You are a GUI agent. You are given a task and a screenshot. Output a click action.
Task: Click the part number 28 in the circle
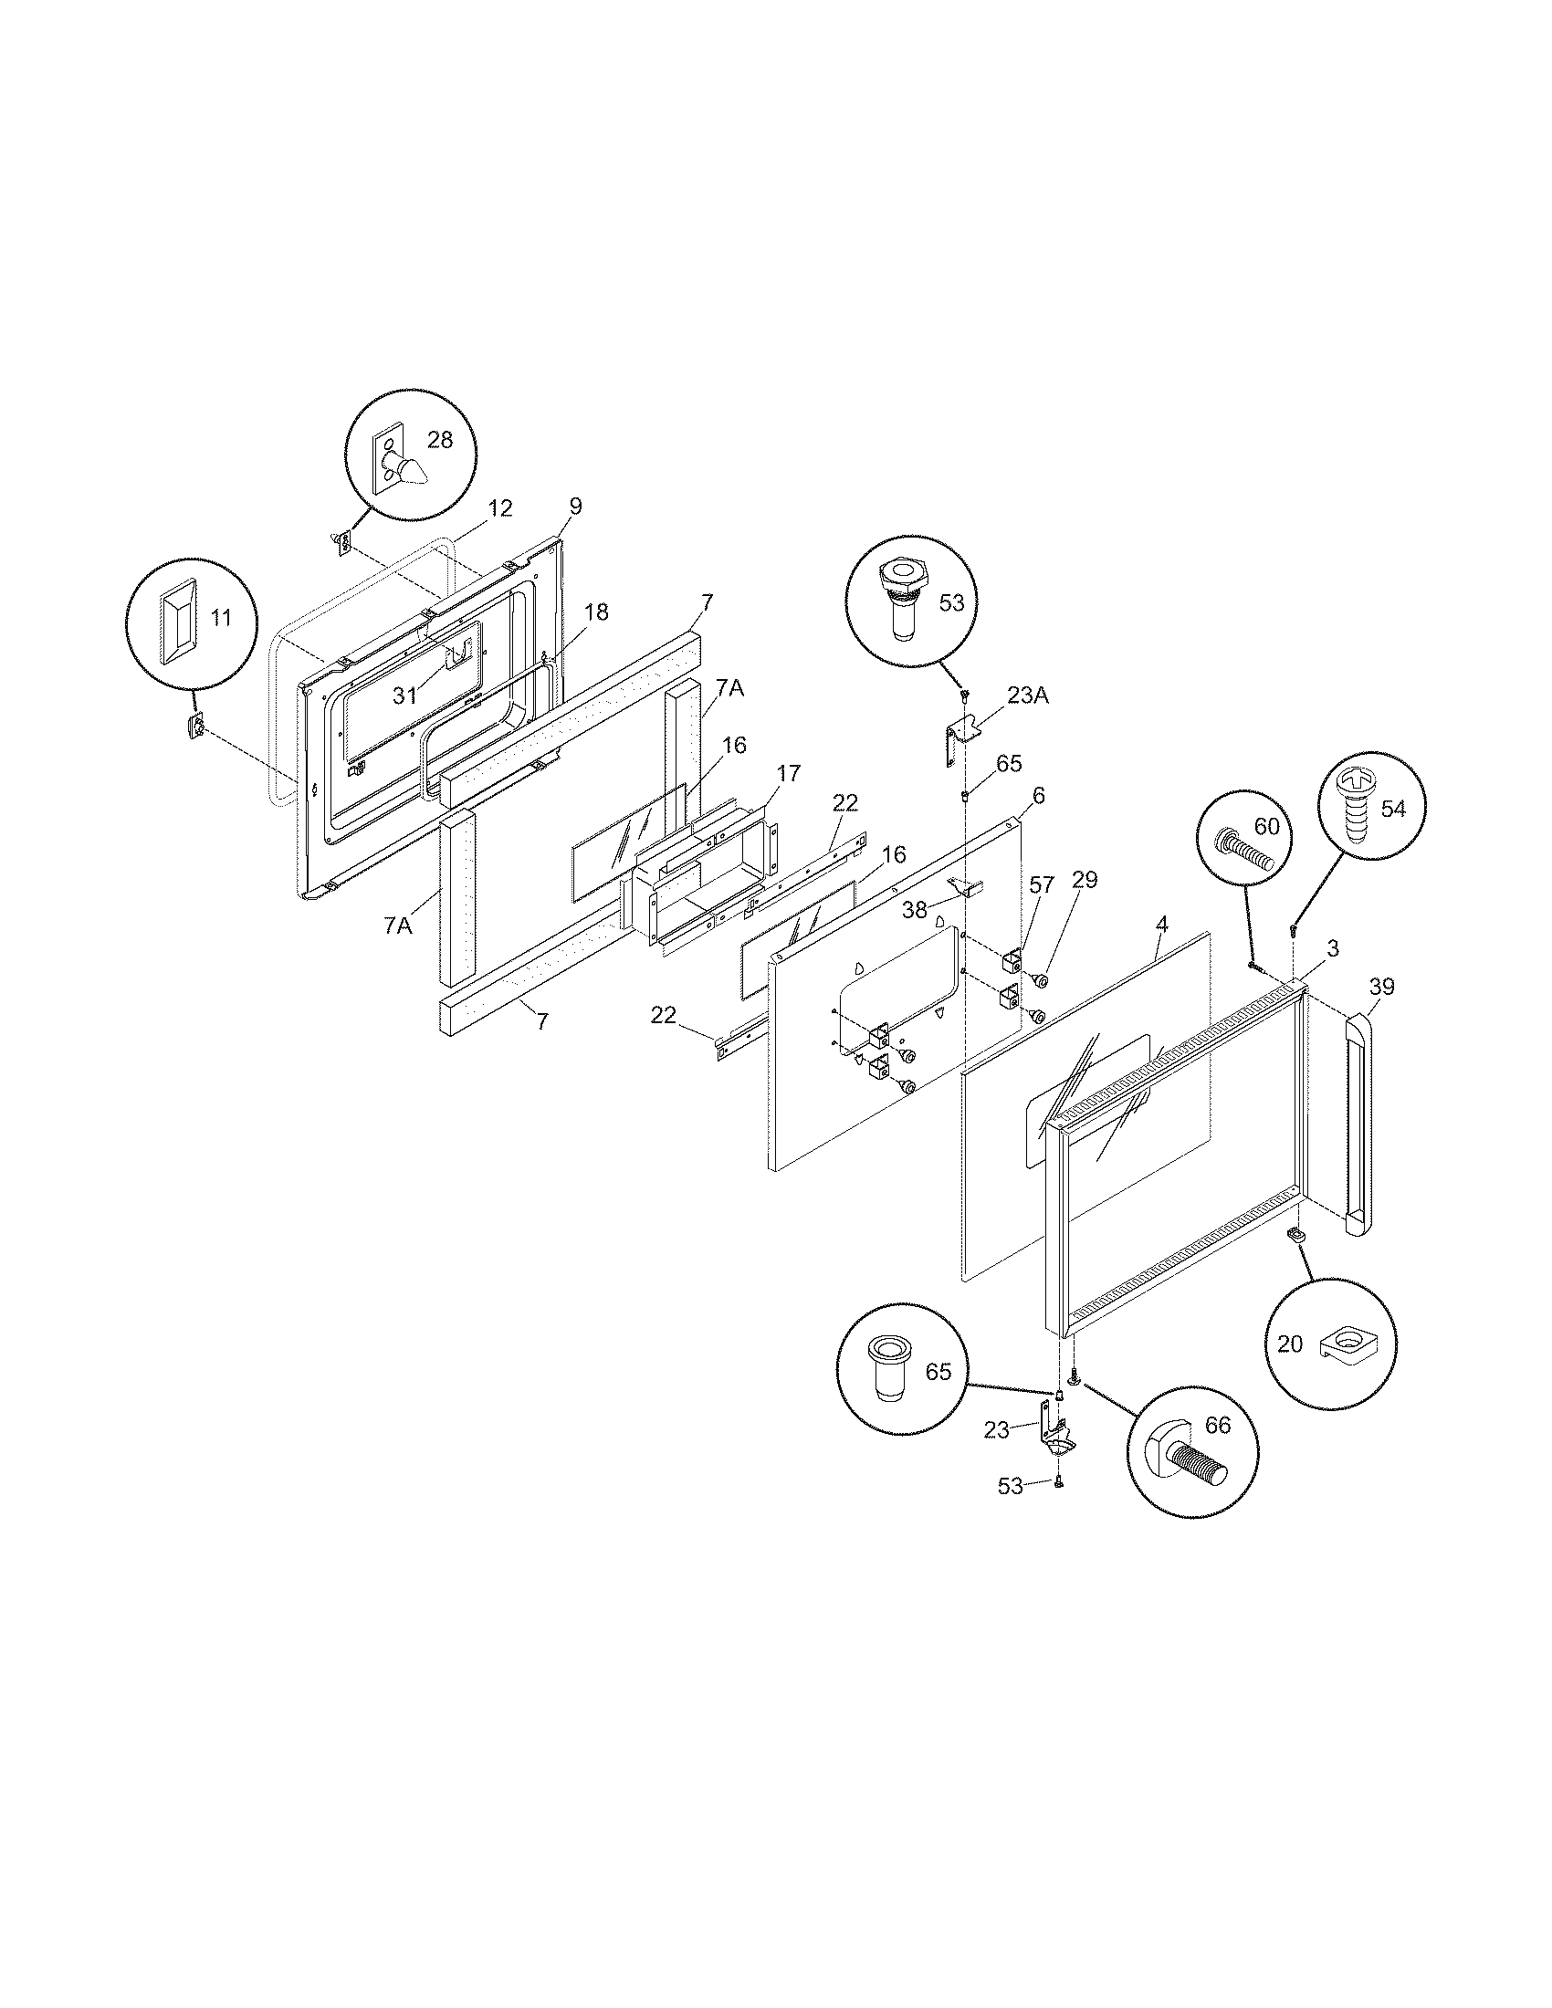(x=440, y=440)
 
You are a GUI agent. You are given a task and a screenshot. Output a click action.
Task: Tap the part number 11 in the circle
(x=221, y=617)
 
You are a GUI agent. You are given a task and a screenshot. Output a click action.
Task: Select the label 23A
(x=1028, y=696)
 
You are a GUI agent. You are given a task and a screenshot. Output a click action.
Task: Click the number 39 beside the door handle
(x=1381, y=987)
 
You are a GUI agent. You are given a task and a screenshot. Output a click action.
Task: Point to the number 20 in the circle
(x=1290, y=1344)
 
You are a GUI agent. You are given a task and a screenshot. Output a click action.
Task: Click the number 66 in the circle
(x=1217, y=1426)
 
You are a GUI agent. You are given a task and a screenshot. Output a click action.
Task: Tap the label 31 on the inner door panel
(x=405, y=696)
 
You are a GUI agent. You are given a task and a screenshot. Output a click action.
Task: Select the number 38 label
(x=916, y=909)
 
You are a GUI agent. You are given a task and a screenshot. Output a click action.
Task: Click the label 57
(x=1042, y=884)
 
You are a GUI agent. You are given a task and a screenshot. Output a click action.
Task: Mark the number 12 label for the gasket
(x=500, y=507)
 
